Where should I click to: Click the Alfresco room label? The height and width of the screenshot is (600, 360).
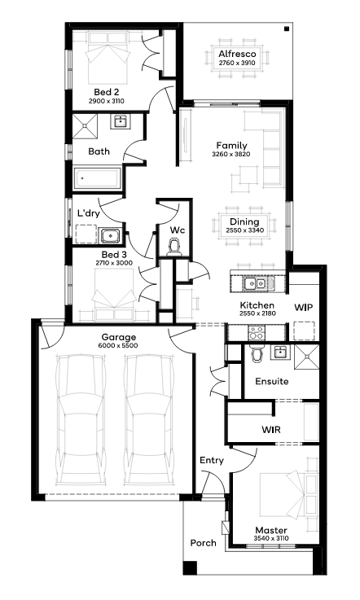237,54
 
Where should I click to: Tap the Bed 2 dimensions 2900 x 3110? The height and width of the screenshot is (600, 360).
107,102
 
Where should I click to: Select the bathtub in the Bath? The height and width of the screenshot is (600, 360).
98,178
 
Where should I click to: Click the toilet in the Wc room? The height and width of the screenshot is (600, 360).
175,247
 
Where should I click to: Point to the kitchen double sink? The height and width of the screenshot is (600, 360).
255,283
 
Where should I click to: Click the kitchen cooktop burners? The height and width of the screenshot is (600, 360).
257,332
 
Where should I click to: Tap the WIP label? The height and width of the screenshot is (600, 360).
303,307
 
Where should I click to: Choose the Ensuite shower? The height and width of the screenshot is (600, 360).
306,357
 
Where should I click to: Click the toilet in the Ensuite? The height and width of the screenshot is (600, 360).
257,353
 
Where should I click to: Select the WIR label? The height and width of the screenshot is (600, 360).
271,430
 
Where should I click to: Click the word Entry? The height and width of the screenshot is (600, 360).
212,460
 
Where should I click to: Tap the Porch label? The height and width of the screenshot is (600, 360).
204,543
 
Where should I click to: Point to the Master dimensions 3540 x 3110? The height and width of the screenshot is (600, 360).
271,538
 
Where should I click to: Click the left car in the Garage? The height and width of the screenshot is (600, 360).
80,420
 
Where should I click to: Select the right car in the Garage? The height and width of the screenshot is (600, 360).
148,420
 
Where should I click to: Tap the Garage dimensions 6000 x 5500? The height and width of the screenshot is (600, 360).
118,345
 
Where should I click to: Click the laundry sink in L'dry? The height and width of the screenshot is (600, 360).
110,235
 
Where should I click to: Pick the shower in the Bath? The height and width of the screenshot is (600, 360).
85,126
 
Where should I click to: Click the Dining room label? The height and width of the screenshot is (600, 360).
244,221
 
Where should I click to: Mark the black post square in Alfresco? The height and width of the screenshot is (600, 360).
286,28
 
